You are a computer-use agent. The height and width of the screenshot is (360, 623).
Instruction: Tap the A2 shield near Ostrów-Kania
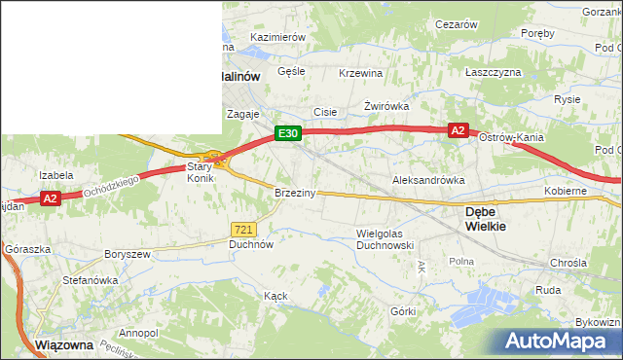point(458,130)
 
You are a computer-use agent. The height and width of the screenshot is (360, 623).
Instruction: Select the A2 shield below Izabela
point(51,198)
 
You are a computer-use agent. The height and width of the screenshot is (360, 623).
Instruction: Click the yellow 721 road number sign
point(244,229)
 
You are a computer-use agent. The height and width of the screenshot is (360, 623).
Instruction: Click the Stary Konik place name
point(200,172)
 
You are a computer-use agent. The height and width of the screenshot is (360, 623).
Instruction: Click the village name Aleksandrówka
point(427,181)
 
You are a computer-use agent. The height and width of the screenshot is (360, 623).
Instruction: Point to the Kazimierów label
point(278,37)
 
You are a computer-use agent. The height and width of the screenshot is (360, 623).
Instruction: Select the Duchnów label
point(250,245)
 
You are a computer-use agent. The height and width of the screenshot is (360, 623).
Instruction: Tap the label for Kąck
point(275,294)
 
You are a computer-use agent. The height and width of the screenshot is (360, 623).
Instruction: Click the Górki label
point(403,311)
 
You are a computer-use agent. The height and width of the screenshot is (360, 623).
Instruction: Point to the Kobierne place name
point(566,191)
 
